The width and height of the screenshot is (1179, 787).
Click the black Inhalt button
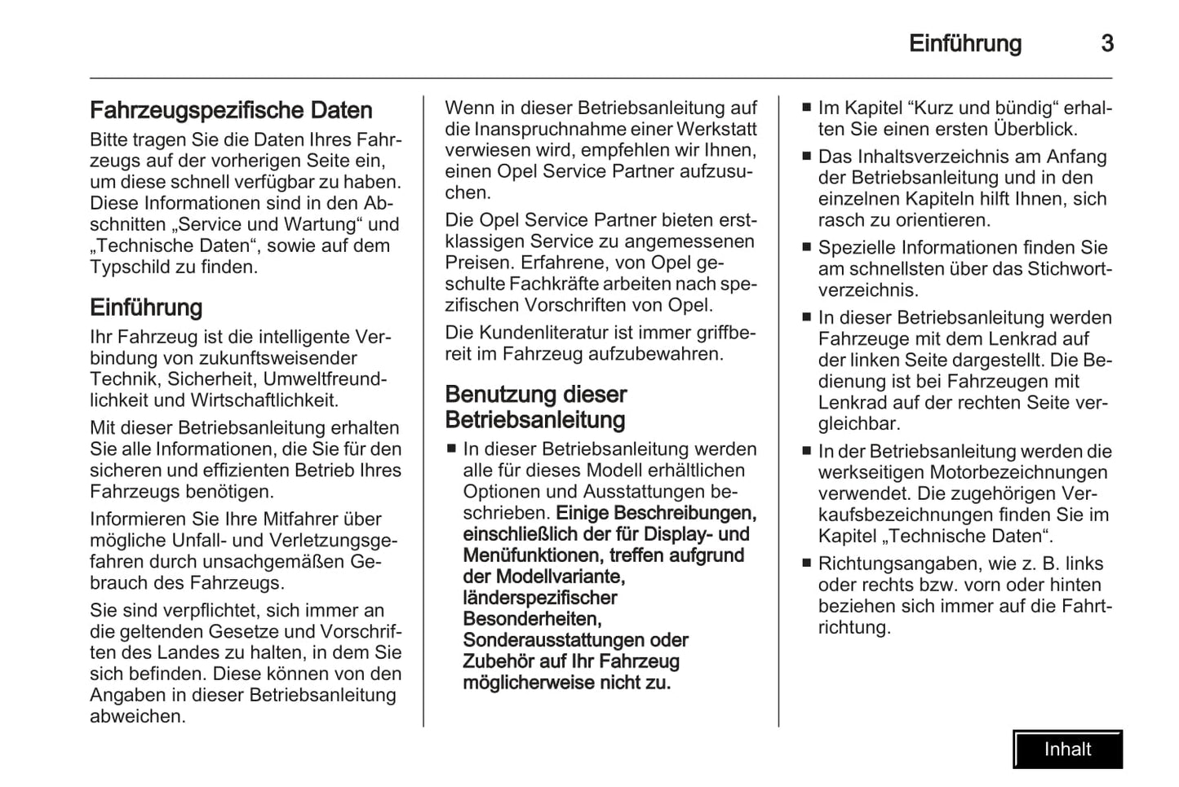[x=1067, y=749]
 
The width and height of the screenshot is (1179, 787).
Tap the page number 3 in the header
[x=1107, y=43]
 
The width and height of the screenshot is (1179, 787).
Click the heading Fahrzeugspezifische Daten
[x=231, y=110]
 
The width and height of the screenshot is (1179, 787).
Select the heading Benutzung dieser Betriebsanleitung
[x=536, y=407]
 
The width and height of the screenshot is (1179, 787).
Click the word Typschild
[x=126, y=267]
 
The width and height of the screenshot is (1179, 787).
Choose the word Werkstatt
[x=716, y=130]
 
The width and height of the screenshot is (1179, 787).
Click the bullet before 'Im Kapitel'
[x=806, y=108]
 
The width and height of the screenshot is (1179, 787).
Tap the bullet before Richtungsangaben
[x=806, y=564]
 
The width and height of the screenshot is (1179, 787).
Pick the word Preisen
[x=476, y=263]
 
